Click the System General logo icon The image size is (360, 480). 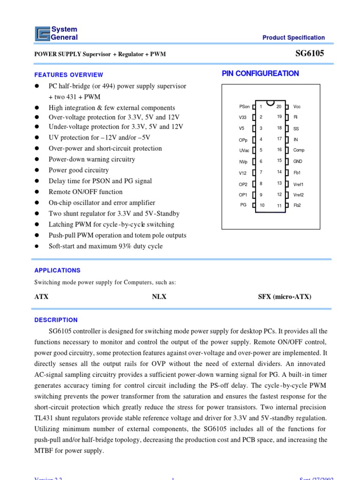42,33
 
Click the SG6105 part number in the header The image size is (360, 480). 309,53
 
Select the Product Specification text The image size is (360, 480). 293,37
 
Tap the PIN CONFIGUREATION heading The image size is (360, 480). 260,73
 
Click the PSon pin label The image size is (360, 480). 244,107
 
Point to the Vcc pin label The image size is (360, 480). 297,107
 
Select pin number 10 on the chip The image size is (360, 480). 262,205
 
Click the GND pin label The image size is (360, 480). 298,161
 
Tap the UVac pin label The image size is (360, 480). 244,150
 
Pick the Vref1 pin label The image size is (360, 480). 299,184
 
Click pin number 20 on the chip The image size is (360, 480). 279,106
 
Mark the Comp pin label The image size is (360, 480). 299,150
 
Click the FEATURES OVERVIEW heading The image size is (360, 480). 69,75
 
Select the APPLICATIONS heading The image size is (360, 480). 58,270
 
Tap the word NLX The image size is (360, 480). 159,297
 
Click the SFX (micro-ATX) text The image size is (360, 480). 285,297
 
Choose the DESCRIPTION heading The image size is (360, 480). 56,320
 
